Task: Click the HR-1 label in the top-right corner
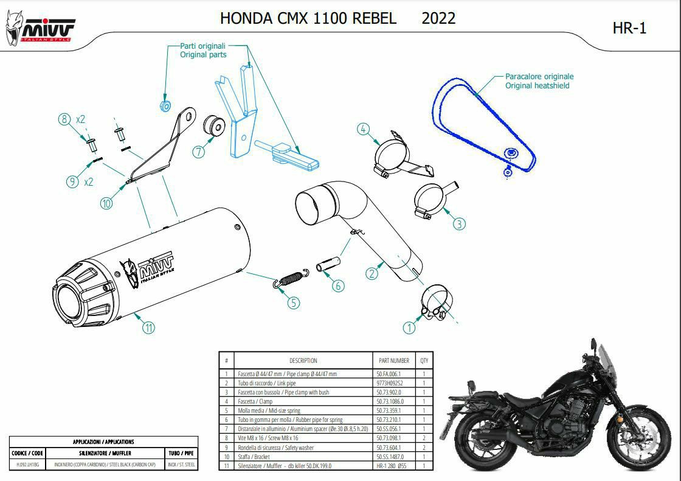click(x=629, y=28)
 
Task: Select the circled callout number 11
click(x=148, y=327)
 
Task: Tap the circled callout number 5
click(x=294, y=302)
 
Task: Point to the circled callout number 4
click(x=363, y=129)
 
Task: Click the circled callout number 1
click(x=409, y=328)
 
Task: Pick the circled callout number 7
click(x=199, y=152)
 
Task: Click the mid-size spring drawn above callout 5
click(x=291, y=276)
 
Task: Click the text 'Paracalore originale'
click(x=539, y=77)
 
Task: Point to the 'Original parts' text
click(x=203, y=55)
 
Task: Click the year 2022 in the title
click(x=438, y=18)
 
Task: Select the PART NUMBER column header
click(x=393, y=360)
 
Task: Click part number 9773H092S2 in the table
click(x=390, y=383)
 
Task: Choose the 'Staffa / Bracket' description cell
click(x=254, y=456)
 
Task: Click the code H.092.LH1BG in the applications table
click(x=27, y=465)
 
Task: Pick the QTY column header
click(x=424, y=360)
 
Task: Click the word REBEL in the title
click(x=374, y=18)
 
